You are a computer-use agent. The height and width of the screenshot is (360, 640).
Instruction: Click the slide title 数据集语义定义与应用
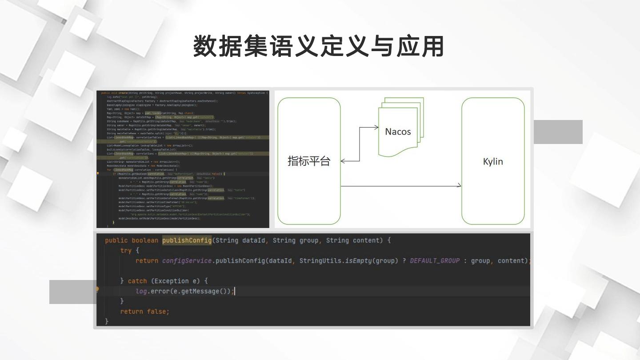tap(319, 46)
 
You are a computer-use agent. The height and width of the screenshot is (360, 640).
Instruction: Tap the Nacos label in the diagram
tap(398, 132)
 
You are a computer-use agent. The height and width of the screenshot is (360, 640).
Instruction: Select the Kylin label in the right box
tap(493, 161)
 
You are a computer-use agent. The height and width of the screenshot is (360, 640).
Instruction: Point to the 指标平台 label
tap(309, 161)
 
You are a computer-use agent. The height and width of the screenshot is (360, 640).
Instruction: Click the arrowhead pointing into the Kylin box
tap(459, 186)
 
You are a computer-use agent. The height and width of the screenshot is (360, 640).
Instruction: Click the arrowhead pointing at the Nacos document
tap(376, 128)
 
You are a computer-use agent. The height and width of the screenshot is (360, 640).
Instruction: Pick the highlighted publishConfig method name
tap(187, 240)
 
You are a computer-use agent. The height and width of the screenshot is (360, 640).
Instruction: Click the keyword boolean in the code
tap(145, 240)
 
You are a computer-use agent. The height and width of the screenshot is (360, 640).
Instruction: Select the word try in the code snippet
tap(126, 251)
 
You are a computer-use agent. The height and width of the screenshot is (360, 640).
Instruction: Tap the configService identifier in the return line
tap(187, 261)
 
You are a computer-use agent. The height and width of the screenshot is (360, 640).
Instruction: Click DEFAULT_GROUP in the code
tap(435, 261)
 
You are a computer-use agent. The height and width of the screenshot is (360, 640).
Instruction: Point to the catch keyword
tap(137, 281)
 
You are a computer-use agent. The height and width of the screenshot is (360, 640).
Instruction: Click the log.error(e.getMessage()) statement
tap(184, 291)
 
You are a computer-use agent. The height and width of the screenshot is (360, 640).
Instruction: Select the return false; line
tap(145, 312)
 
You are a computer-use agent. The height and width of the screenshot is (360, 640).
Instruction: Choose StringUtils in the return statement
tap(320, 261)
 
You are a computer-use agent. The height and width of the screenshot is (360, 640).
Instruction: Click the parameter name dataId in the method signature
tap(254, 240)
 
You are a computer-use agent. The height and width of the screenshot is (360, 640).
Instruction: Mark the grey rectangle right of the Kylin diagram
tap(558, 132)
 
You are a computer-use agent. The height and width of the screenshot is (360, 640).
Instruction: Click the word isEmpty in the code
tap(358, 261)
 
